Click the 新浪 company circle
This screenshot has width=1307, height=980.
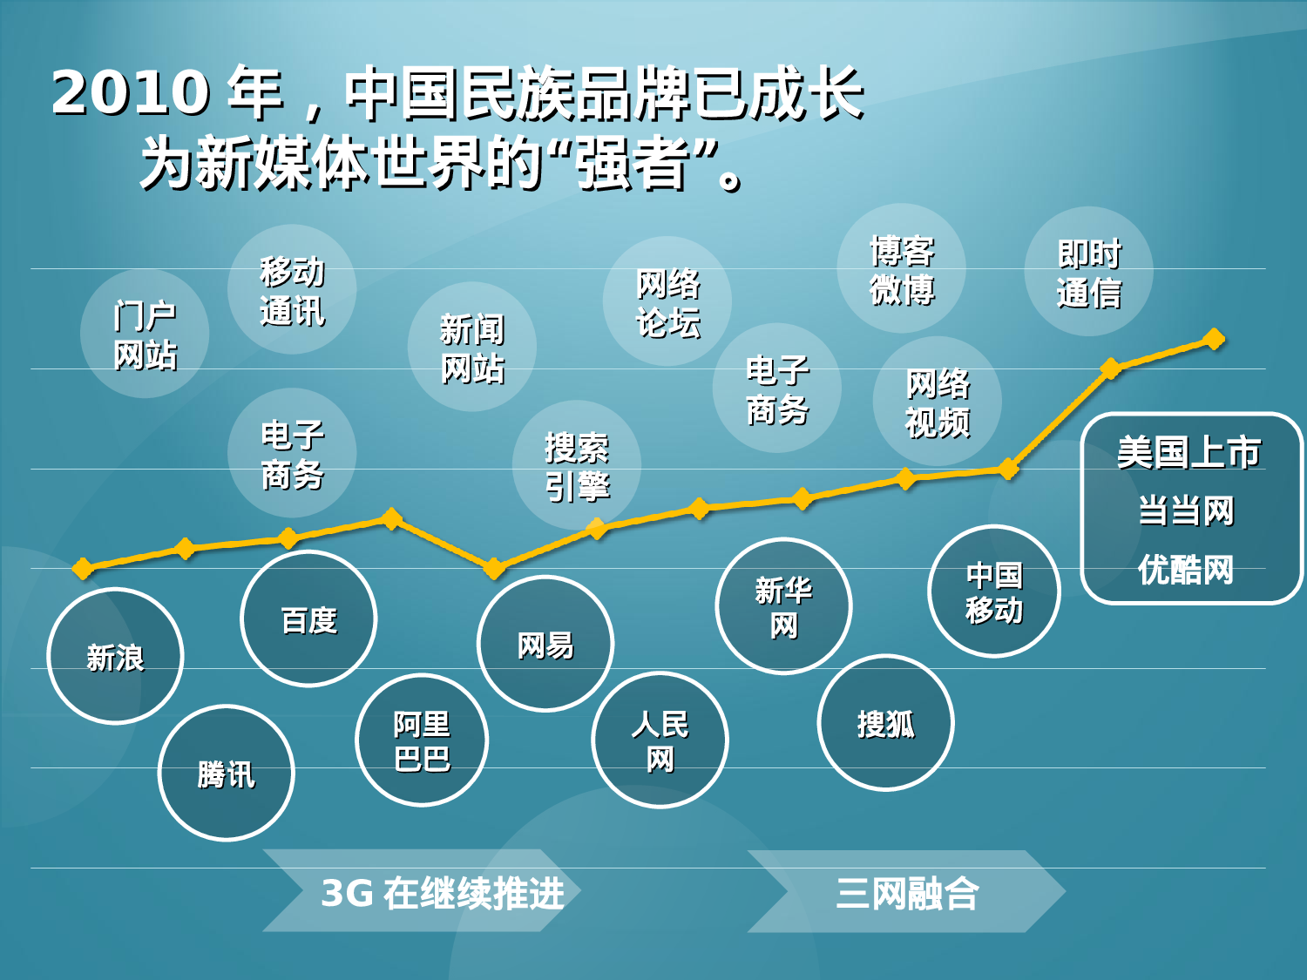coord(115,657)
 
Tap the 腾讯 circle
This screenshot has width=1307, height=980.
coord(227,774)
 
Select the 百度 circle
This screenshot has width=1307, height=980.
coord(308,619)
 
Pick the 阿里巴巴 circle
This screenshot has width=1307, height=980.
coord(422,740)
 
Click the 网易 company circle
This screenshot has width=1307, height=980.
coord(545,645)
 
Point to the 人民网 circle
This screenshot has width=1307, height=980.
coord(660,740)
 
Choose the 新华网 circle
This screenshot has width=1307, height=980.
coord(783,606)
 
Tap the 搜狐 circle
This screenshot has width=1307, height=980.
coord(885,723)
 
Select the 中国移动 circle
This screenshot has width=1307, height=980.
coord(994,591)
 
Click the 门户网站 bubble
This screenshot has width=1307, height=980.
coord(145,335)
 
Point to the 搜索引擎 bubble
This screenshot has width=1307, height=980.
coord(577,465)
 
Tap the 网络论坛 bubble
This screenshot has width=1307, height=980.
coord(667,301)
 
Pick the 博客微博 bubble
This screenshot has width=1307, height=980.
coord(902,269)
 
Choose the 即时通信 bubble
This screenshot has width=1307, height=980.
coord(1088,272)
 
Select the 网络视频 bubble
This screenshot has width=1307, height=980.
coord(938,402)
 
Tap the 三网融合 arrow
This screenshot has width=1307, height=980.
coord(906,892)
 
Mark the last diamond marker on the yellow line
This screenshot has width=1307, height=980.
coord(1214,339)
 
